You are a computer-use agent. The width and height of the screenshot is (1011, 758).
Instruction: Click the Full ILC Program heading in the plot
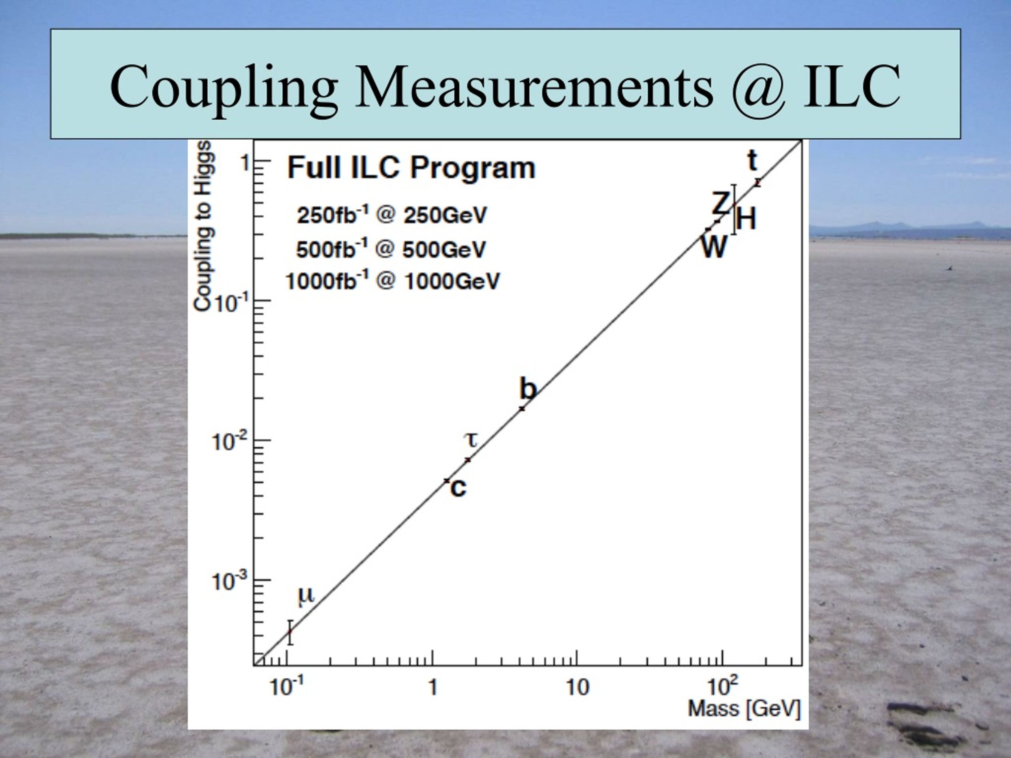click(411, 168)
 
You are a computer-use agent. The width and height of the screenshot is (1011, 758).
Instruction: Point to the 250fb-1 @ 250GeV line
click(392, 215)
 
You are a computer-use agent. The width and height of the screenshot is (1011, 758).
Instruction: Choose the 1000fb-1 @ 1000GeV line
click(393, 281)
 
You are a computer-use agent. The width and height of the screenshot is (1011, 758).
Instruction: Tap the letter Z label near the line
click(721, 203)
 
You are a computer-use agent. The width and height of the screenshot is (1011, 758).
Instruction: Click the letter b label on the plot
click(528, 389)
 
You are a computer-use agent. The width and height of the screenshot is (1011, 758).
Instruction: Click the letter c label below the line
click(459, 488)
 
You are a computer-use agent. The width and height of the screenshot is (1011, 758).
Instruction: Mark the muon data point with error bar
click(290, 632)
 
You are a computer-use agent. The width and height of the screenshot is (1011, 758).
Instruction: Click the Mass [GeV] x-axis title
click(744, 709)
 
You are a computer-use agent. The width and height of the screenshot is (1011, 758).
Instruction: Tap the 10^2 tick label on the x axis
click(723, 686)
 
